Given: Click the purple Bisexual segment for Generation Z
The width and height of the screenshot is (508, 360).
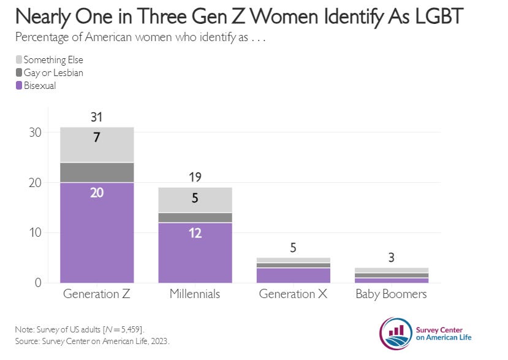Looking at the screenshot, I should pyautogui.click(x=97, y=233).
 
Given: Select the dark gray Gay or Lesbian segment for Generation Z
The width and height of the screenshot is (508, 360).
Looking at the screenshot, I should pyautogui.click(x=97, y=172).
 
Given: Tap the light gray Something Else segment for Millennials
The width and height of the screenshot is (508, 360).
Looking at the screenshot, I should pyautogui.click(x=195, y=199).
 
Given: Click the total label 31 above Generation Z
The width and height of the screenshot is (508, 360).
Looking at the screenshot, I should pyautogui.click(x=96, y=116).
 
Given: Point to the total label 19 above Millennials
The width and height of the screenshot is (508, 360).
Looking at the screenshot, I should pyautogui.click(x=195, y=177).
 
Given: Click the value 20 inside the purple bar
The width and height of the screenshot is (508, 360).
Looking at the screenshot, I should pyautogui.click(x=96, y=193).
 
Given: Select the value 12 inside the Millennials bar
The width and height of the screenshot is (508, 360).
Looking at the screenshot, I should pyautogui.click(x=195, y=233).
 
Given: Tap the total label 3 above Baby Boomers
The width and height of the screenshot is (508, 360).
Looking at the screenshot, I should pyautogui.click(x=392, y=257).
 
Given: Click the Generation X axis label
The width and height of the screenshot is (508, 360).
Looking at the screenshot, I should pyautogui.click(x=293, y=294).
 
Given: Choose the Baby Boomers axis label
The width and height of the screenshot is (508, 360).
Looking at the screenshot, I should pyautogui.click(x=392, y=294).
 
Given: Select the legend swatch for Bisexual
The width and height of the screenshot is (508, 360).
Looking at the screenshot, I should pyautogui.click(x=18, y=86).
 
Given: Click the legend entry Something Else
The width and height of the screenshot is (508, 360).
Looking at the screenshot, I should pyautogui.click(x=53, y=60).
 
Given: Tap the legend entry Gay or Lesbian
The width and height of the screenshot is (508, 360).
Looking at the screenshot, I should pyautogui.click(x=53, y=73).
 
